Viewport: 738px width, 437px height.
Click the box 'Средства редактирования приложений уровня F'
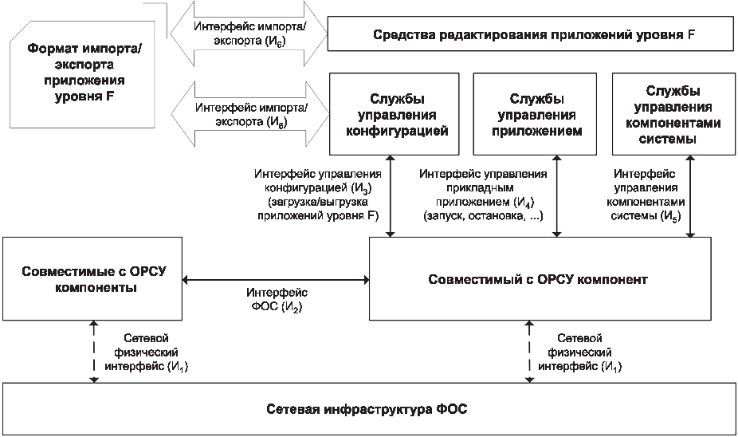click(531, 34)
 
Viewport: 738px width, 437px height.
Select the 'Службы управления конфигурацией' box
click(394, 114)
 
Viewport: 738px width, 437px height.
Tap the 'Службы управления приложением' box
click(535, 114)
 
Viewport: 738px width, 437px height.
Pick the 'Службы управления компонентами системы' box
click(673, 114)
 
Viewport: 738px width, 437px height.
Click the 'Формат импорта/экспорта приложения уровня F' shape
click(82, 74)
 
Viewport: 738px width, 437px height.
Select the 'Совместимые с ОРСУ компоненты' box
click(92, 279)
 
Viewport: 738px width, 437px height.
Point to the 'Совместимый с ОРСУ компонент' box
click(540, 279)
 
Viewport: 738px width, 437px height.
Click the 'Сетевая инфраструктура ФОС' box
click(368, 409)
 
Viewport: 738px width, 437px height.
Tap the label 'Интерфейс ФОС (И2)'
click(277, 300)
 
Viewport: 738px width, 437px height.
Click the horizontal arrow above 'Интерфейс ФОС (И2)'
click(276, 280)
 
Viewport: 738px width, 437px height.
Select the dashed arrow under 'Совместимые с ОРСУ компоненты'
click(94, 352)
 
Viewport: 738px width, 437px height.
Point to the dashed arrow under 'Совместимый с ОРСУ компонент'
click(529, 352)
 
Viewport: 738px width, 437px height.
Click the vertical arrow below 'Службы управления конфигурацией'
click(391, 196)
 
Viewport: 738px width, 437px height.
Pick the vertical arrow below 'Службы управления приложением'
click(557, 196)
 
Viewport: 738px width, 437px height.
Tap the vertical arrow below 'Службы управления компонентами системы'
click(690, 196)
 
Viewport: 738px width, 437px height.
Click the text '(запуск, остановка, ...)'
click(484, 216)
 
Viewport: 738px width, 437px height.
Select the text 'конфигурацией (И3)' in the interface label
click(318, 188)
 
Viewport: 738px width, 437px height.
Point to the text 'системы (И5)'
click(646, 216)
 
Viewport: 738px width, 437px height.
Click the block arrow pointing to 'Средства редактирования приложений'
click(249, 34)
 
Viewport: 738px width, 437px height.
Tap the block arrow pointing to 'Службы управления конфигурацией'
click(250, 114)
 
